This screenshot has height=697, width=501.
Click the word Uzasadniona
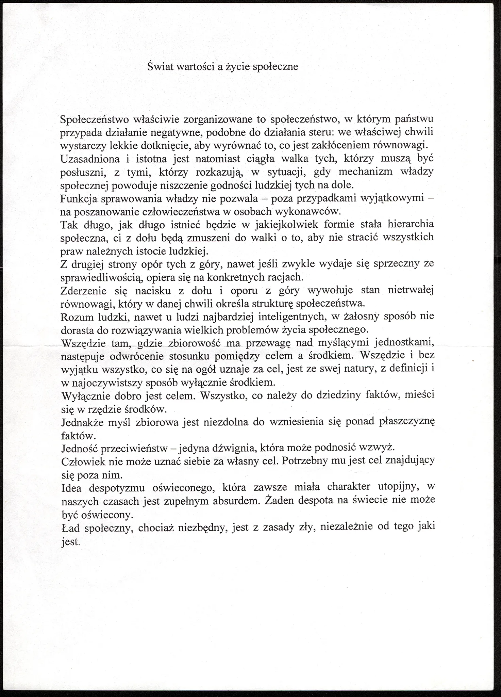[x=86, y=159]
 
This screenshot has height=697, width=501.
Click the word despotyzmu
[x=118, y=488]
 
